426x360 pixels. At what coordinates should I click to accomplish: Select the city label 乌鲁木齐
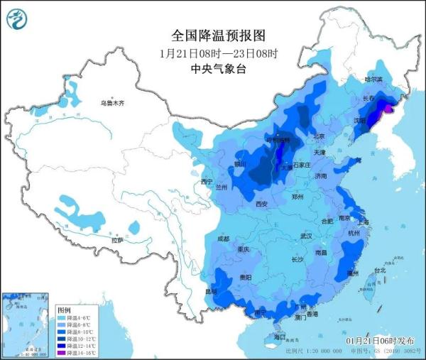click(111, 104)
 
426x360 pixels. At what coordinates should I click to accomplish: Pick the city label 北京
click(319, 136)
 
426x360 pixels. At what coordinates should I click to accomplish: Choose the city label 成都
click(223, 239)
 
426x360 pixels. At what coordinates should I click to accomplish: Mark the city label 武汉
click(306, 235)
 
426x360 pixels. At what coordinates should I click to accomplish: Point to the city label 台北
click(380, 270)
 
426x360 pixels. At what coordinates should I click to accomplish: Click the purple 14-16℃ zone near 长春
click(388, 107)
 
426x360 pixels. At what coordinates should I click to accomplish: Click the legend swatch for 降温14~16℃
click(62, 351)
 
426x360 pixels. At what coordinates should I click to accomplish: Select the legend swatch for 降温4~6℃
click(62, 318)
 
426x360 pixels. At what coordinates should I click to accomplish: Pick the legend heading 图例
click(64, 310)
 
